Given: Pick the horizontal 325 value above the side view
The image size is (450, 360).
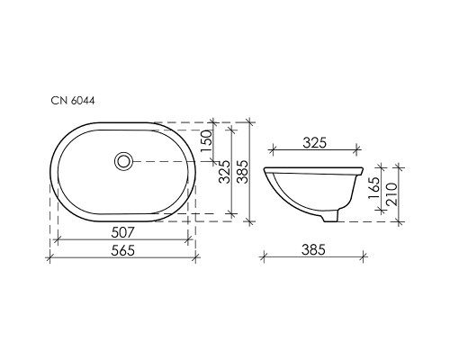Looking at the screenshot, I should point(313,141).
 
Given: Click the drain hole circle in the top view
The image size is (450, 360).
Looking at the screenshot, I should point(123,162).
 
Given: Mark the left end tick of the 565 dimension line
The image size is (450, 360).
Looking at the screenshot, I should point(47,258).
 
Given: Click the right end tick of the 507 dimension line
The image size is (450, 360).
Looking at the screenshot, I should point(190,239).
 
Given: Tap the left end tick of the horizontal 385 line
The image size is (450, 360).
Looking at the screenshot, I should point(263,257).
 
